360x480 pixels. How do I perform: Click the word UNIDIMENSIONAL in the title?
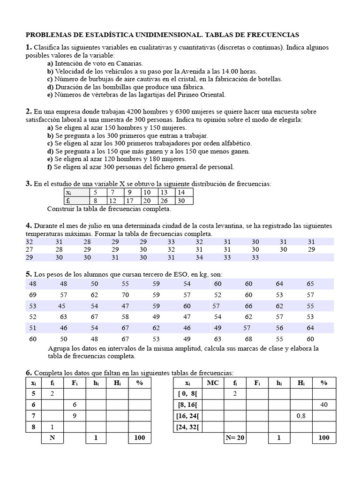point(164,35)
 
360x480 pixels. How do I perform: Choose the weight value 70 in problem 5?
point(125,295)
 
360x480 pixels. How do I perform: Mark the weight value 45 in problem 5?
point(62,306)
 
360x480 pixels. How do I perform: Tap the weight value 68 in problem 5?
point(248,339)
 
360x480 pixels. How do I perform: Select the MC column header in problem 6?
point(213,383)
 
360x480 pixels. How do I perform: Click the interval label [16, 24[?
point(187,416)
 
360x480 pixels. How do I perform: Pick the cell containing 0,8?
point(301,416)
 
